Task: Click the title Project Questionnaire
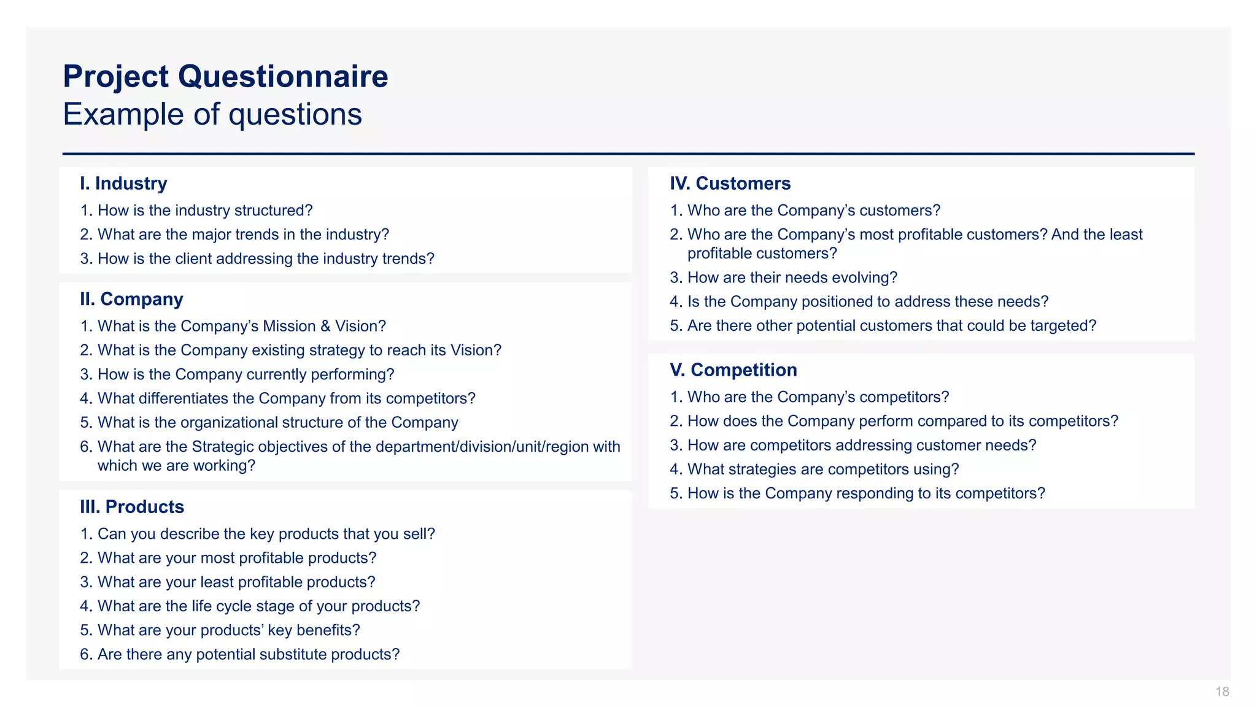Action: tap(225, 77)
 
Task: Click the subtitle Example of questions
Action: tap(212, 115)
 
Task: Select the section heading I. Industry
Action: tap(123, 184)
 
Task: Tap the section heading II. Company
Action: tap(131, 299)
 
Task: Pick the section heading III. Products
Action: tap(132, 507)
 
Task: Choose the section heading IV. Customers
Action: tap(730, 184)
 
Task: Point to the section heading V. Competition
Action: tap(733, 370)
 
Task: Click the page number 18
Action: tap(1222, 692)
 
